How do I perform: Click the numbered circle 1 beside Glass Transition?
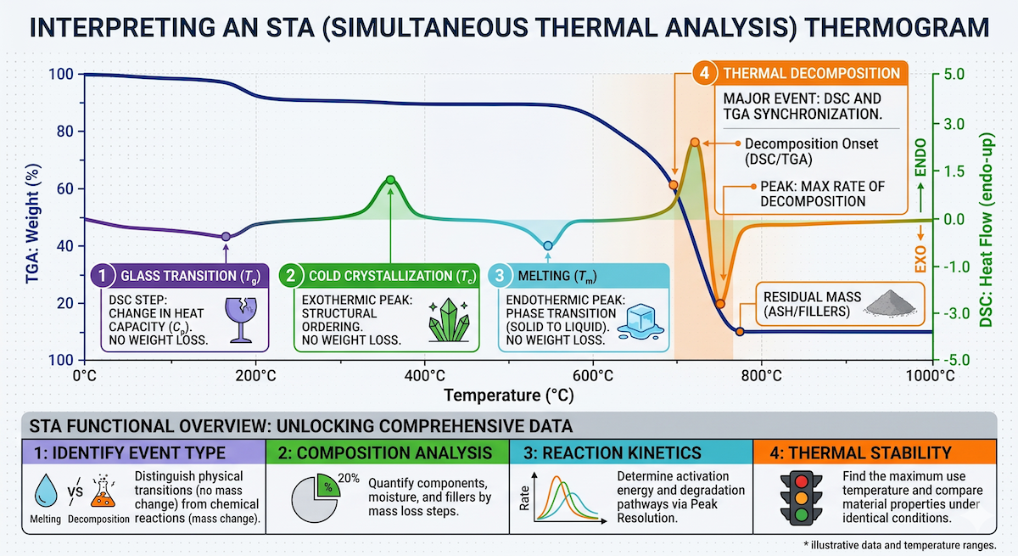103,276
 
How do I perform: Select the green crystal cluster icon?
449,320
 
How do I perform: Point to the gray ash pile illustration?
890,303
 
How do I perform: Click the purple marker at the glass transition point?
226,236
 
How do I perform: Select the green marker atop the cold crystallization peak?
390,180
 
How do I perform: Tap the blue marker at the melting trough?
548,245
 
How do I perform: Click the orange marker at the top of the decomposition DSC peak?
695,143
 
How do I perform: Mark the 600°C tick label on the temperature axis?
593,376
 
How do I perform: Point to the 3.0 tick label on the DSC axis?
954,124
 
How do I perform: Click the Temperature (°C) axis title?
509,395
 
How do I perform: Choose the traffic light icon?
801,497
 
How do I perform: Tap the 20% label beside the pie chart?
349,478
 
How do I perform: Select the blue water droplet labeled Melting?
46,491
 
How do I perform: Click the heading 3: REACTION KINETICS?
612,452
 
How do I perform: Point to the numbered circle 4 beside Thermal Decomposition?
705,73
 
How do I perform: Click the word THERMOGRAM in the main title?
897,27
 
